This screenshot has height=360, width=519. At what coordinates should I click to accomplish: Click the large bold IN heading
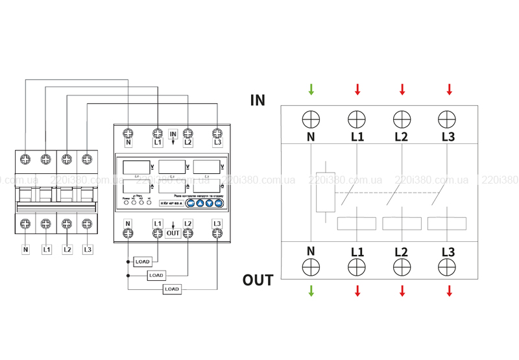(258, 100)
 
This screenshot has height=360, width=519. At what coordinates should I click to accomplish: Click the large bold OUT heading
(258, 280)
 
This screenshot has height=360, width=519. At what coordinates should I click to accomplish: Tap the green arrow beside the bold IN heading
(311, 89)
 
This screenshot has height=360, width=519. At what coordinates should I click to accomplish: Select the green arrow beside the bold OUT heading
(311, 291)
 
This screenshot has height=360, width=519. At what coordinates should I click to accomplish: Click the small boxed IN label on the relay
(173, 134)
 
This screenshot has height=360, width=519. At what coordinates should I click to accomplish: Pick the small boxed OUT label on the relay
(173, 232)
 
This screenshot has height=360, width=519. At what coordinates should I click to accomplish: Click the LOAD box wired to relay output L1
(142, 261)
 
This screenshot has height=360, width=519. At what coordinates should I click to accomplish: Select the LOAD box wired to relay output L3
(171, 289)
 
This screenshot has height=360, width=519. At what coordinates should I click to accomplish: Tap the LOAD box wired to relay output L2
(156, 275)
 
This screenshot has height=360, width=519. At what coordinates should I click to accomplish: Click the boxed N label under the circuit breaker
(26, 248)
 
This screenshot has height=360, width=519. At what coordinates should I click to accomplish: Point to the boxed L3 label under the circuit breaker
(88, 248)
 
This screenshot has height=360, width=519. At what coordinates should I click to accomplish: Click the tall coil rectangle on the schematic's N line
(324, 192)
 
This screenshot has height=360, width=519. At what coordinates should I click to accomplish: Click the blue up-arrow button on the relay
(200, 203)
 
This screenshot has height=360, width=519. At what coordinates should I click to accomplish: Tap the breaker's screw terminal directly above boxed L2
(66, 224)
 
